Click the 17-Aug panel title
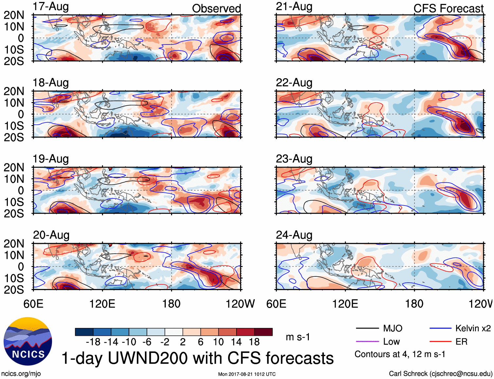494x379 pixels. [51, 7]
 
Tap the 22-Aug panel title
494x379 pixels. [294, 83]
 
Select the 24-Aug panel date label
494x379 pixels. [294, 235]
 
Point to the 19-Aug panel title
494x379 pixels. [51, 159]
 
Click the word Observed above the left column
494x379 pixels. [216, 9]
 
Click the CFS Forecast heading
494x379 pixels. [448, 9]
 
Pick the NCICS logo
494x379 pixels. [28, 341]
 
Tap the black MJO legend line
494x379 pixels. [367, 328]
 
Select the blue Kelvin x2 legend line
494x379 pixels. [440, 328]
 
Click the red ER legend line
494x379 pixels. [440, 342]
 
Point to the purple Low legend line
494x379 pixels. [367, 342]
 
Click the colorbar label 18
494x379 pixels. [254, 342]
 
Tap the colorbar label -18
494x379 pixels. [93, 342]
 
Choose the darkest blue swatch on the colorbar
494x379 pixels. [84, 332]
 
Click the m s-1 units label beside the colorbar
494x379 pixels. [298, 337]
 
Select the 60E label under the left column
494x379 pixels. [33, 304]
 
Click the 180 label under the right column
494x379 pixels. [414, 304]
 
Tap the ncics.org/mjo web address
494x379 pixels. [21, 374]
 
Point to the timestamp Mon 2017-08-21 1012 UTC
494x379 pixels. [247, 374]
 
